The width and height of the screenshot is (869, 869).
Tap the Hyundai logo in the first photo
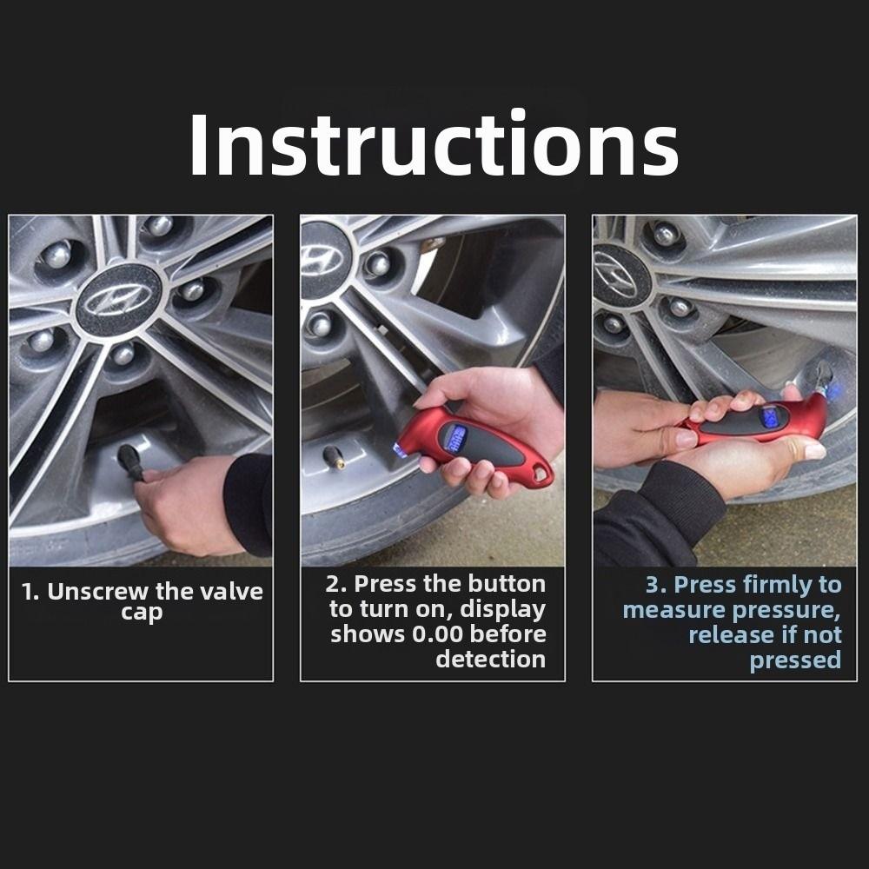pos(117,301)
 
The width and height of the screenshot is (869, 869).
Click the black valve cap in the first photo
pos(131,461)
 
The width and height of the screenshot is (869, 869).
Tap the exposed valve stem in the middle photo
pos(333,457)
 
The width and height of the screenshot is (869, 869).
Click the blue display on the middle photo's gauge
pos(454,437)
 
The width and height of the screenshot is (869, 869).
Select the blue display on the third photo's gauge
pos(770,416)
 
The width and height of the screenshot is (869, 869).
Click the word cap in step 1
pos(141,613)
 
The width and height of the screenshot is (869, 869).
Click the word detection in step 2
pos(490,660)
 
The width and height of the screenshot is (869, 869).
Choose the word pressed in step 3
pos(795,660)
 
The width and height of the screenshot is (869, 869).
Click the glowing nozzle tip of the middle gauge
pos(401,449)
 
